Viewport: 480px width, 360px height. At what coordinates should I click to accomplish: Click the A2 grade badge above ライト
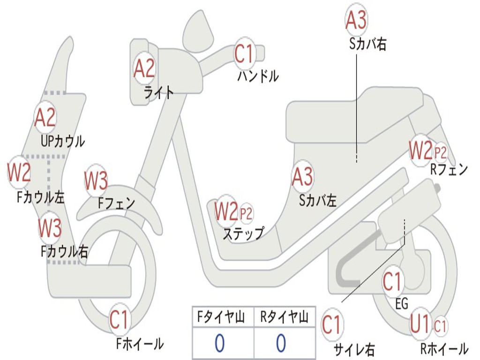point(144,69)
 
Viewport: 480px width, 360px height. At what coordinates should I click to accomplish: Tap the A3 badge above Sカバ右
point(356,20)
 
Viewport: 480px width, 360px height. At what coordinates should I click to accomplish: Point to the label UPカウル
point(63,141)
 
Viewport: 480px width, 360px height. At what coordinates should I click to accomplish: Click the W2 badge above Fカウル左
point(19,172)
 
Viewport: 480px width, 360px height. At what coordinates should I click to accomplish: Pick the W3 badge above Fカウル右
point(50,228)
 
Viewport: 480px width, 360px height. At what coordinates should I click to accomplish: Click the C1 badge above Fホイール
point(119,321)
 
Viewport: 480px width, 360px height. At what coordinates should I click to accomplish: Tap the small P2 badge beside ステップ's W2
point(246,214)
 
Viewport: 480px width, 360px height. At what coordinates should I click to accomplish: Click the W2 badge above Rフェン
point(420,151)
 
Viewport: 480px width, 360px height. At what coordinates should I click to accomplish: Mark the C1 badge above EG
point(392,282)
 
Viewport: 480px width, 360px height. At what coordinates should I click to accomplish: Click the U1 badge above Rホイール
point(420,323)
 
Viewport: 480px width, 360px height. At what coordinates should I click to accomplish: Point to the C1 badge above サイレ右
point(332,325)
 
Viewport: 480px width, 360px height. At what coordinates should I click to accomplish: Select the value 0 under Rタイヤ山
point(281,343)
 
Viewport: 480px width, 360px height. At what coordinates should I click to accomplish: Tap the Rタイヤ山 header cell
point(284,318)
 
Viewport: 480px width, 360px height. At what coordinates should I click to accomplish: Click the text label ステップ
point(243,233)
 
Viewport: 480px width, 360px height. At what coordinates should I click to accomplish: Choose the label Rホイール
point(443,349)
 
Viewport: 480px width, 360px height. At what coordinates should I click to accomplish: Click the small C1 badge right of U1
point(441,324)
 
